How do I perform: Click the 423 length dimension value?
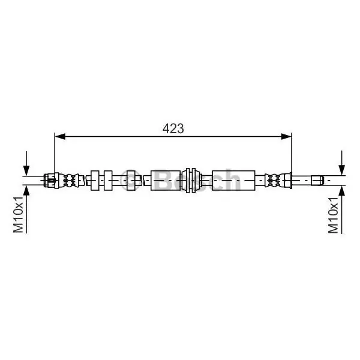point(173,128)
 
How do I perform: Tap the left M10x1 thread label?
point(19,214)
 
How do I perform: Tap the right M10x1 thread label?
point(334,215)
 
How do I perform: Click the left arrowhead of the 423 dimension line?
point(60,136)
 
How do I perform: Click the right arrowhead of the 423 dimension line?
point(286,136)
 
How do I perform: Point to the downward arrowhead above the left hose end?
point(26,170)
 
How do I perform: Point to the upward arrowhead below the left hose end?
point(26,190)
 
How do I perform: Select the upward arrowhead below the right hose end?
point(342,191)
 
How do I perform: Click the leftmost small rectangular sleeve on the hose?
point(95,181)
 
